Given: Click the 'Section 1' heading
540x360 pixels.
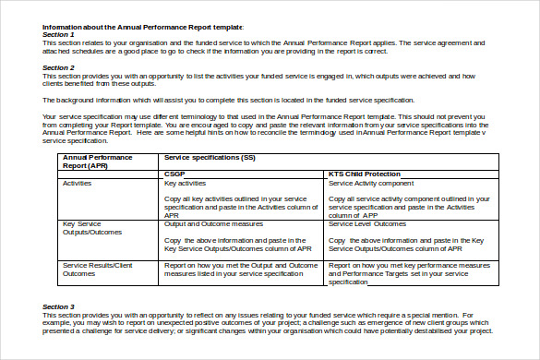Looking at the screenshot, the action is (x=57, y=35).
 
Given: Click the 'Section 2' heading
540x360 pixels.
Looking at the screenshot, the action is (x=57, y=67).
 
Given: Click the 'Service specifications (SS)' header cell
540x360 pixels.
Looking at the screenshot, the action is (x=210, y=158).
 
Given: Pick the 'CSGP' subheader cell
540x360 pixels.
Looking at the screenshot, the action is (x=174, y=174).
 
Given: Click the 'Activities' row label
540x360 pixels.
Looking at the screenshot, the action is (x=77, y=184).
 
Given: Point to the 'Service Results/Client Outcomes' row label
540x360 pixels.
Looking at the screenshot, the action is (x=97, y=269).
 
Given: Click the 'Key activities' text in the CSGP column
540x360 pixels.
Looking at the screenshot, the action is (x=185, y=184).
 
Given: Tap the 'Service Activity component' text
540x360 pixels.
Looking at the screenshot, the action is (x=372, y=184).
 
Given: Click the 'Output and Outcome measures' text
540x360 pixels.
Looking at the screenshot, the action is (x=207, y=223).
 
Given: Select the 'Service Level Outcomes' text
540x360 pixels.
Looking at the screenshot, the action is (x=366, y=223).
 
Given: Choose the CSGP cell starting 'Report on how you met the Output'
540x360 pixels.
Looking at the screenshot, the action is (x=239, y=269).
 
